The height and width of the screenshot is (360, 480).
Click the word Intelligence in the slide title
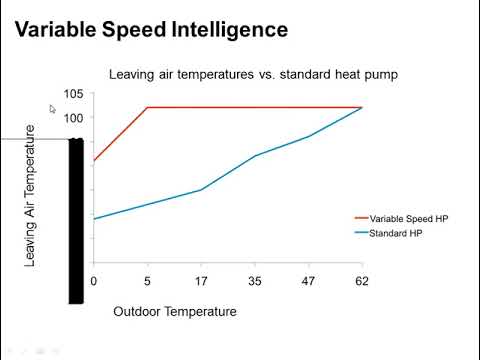pyautogui.click(x=222, y=30)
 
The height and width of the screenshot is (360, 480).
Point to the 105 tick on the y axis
pyautogui.click(x=73, y=94)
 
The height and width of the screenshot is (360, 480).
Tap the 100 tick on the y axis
pyautogui.click(x=73, y=117)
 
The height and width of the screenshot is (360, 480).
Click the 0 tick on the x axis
pyautogui.click(x=93, y=282)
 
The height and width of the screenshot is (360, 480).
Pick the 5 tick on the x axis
pyautogui.click(x=147, y=282)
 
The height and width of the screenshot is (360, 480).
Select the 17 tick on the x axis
pyautogui.click(x=201, y=282)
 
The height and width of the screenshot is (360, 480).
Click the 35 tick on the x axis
pyautogui.click(x=255, y=282)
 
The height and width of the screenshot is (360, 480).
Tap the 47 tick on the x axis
pyautogui.click(x=308, y=282)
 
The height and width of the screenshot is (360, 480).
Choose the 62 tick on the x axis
pyautogui.click(x=362, y=282)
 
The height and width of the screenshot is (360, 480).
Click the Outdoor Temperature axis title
pyautogui.click(x=175, y=311)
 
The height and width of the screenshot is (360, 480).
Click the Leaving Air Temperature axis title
pyautogui.click(x=30, y=195)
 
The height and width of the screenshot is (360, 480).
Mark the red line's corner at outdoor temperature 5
pyautogui.click(x=147, y=107)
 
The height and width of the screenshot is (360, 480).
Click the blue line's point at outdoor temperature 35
pyautogui.click(x=255, y=156)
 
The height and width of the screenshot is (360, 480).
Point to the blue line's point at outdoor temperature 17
pyautogui.click(x=201, y=190)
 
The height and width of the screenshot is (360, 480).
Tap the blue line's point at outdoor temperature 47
pyautogui.click(x=308, y=136)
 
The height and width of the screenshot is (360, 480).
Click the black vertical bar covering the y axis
pyautogui.click(x=75, y=220)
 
